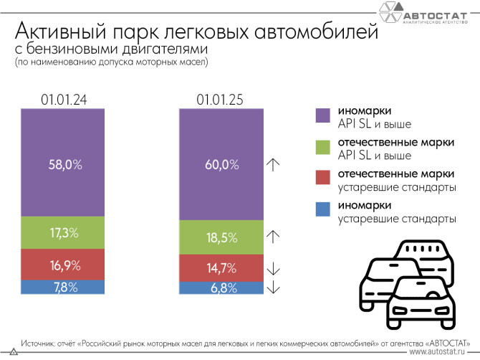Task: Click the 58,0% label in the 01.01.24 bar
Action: (x=63, y=164)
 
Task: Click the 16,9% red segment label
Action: (x=63, y=265)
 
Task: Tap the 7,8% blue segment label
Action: (x=63, y=287)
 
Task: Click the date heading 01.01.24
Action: (x=63, y=100)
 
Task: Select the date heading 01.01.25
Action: (x=219, y=100)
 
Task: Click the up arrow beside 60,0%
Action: (x=273, y=164)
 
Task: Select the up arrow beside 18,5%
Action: (x=273, y=235)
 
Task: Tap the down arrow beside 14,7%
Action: (x=273, y=269)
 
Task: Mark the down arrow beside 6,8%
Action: (x=273, y=288)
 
